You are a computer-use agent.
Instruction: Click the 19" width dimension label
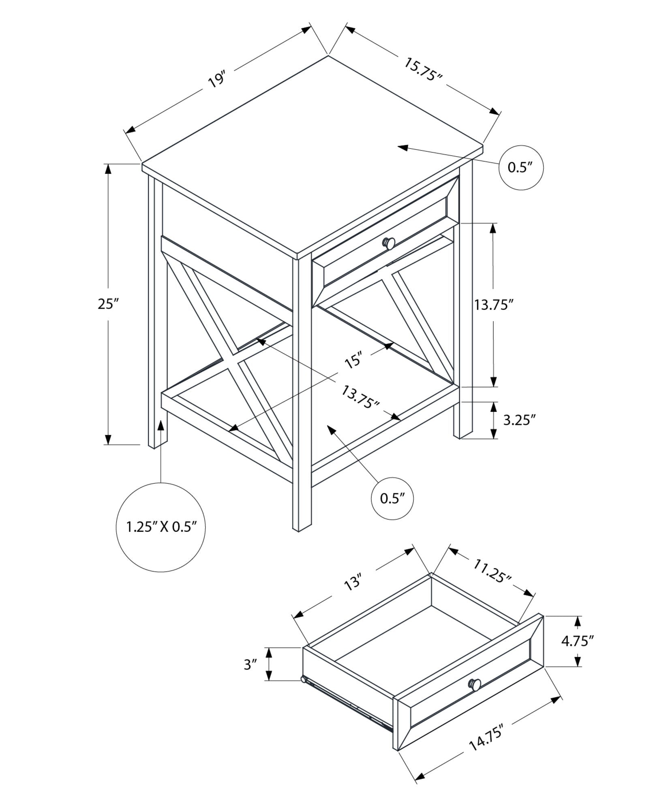(216, 80)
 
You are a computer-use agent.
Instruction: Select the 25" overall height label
(108, 304)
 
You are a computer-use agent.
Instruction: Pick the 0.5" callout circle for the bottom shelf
(392, 498)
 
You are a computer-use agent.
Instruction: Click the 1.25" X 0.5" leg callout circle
(161, 527)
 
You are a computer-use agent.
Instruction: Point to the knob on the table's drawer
(389, 243)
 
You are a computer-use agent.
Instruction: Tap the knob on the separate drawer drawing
(475, 684)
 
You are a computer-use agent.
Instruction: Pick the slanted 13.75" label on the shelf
(360, 397)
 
